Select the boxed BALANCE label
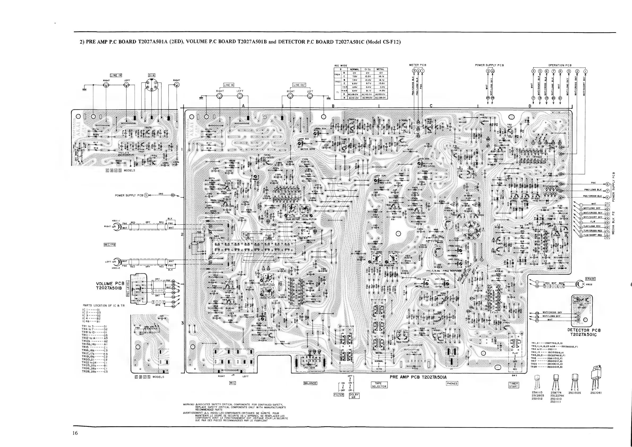(x=310, y=383)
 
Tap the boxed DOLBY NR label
(x=354, y=396)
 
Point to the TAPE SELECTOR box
(x=379, y=385)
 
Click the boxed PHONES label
(x=452, y=383)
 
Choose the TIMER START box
(x=514, y=385)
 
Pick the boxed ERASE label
(x=590, y=279)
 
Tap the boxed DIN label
(x=152, y=75)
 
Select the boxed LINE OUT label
(x=299, y=85)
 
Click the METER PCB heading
(x=418, y=65)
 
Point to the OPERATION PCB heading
(x=560, y=66)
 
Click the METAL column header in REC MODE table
(x=380, y=69)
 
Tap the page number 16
(x=75, y=433)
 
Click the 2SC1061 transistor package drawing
(x=596, y=379)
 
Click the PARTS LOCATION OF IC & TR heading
(x=104, y=306)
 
